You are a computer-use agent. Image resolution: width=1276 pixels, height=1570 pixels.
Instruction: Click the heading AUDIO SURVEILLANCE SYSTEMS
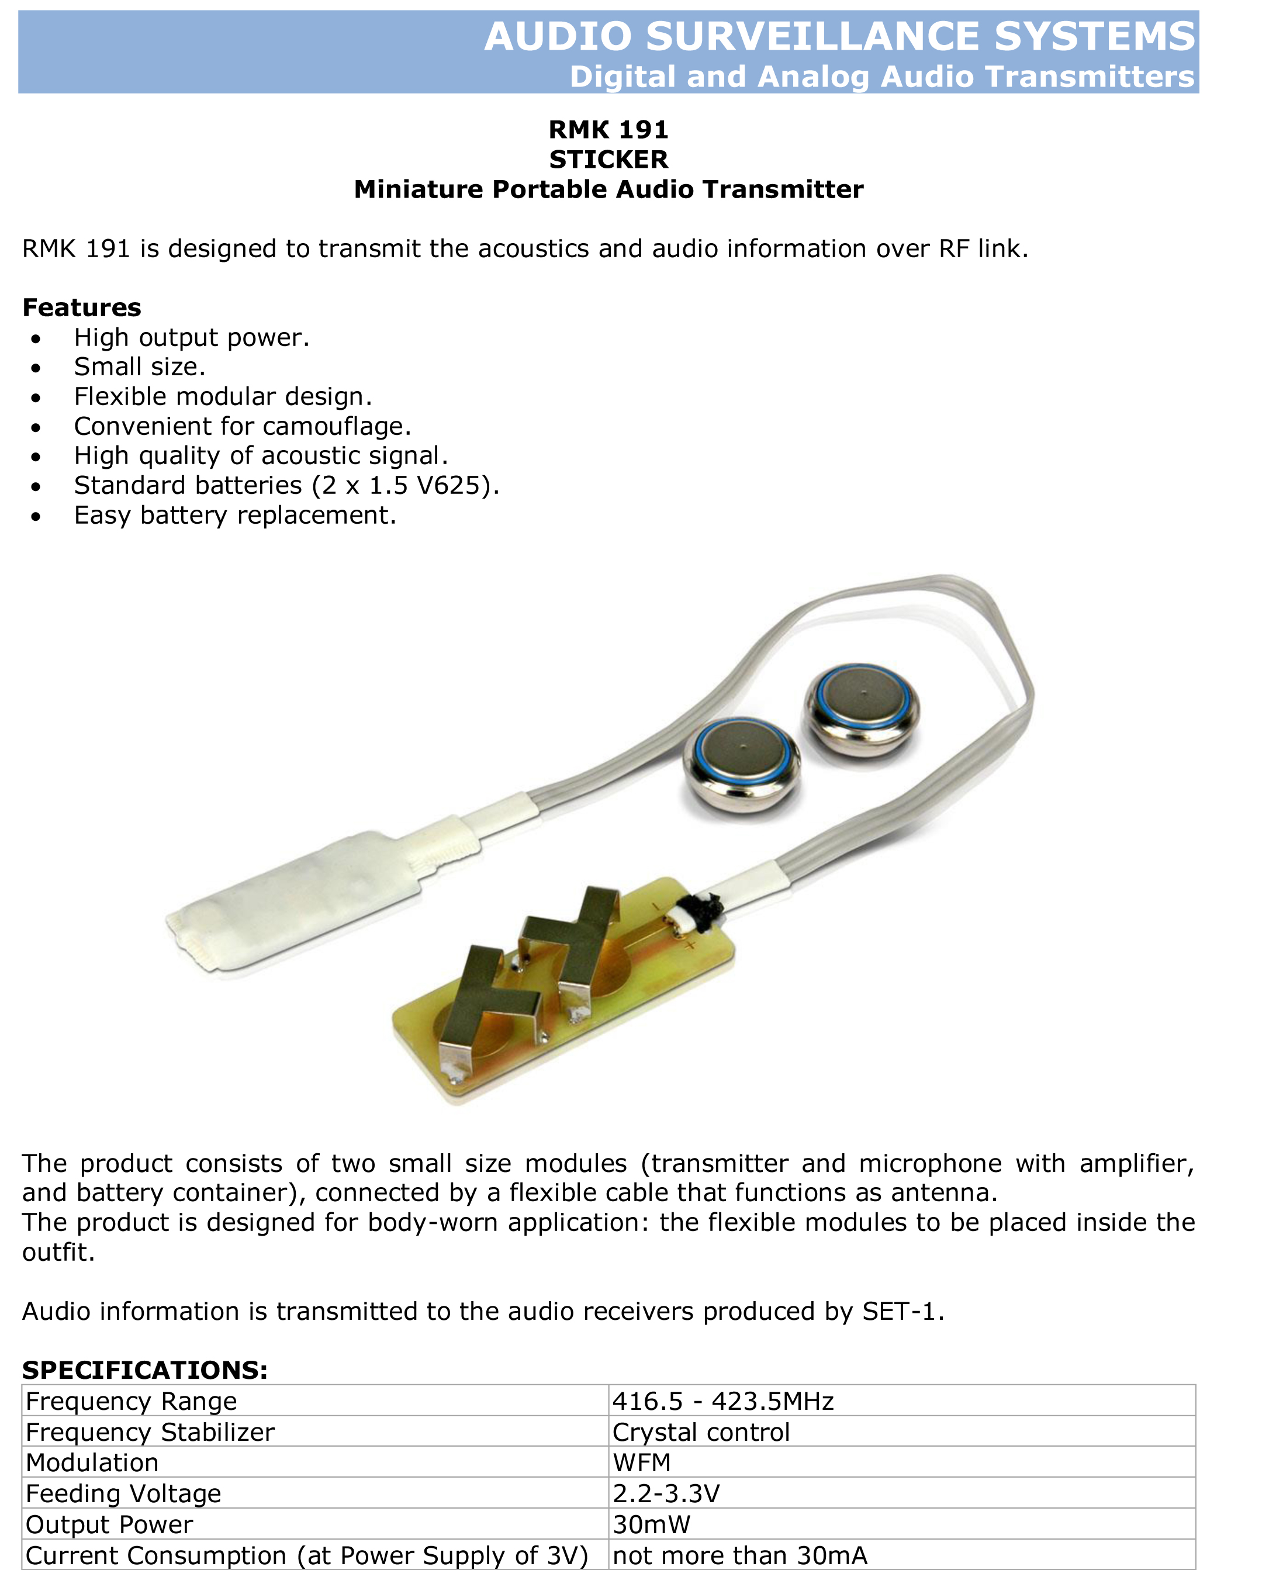click(x=839, y=36)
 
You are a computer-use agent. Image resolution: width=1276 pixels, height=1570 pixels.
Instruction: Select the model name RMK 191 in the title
click(x=608, y=130)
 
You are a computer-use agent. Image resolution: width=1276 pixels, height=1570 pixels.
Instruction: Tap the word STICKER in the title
click(x=608, y=160)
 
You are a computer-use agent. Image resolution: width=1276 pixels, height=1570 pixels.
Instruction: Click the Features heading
click(x=82, y=307)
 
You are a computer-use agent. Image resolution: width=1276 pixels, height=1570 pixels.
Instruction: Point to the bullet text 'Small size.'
click(x=140, y=366)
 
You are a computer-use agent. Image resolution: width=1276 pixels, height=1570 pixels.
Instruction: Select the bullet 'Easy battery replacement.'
click(x=235, y=516)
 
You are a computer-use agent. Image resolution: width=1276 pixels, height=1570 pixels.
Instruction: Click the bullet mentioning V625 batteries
click(x=286, y=486)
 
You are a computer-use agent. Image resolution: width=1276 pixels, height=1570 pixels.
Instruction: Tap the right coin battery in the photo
click(x=862, y=708)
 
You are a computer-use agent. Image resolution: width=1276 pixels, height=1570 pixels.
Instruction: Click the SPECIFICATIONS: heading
click(x=145, y=1370)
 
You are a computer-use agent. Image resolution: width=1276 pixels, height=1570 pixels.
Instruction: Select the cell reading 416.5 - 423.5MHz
click(x=723, y=1401)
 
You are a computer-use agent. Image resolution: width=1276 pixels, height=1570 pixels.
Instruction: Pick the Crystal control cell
click(x=701, y=1432)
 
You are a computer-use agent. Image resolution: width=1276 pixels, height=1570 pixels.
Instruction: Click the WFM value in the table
click(x=642, y=1462)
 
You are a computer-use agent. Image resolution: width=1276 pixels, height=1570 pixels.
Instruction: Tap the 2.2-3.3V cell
click(x=666, y=1493)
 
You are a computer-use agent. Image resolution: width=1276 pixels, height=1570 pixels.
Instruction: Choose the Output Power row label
click(x=109, y=1524)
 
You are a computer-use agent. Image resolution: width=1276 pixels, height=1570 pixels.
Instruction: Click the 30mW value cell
click(x=651, y=1524)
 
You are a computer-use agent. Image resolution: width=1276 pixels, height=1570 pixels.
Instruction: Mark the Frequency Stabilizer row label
click(x=150, y=1432)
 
